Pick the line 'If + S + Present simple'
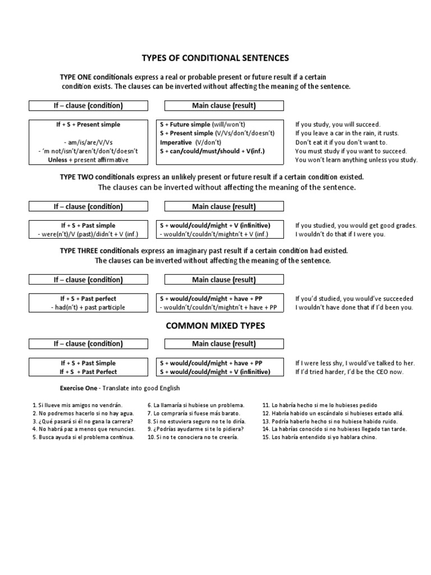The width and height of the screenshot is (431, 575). pyautogui.click(x=88, y=124)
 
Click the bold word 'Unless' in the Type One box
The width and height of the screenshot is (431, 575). pyautogui.click(x=59, y=160)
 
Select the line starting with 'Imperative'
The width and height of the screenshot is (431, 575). pyautogui.click(x=189, y=142)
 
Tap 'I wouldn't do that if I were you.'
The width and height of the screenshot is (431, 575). pyautogui.click(x=340, y=234)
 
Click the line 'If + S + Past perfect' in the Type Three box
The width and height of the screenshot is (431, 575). pyautogui.click(x=88, y=299)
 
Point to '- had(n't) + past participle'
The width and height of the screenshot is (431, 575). pyautogui.click(x=88, y=308)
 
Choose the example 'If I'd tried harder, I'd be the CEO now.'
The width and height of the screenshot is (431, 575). pyautogui.click(x=349, y=372)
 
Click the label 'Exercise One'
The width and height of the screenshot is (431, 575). pyautogui.click(x=79, y=388)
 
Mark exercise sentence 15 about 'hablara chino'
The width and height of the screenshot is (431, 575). pyautogui.click(x=319, y=437)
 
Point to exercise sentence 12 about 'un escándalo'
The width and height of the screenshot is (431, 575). pyautogui.click(x=333, y=413)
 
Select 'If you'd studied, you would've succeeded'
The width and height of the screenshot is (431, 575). pyautogui.click(x=354, y=299)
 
